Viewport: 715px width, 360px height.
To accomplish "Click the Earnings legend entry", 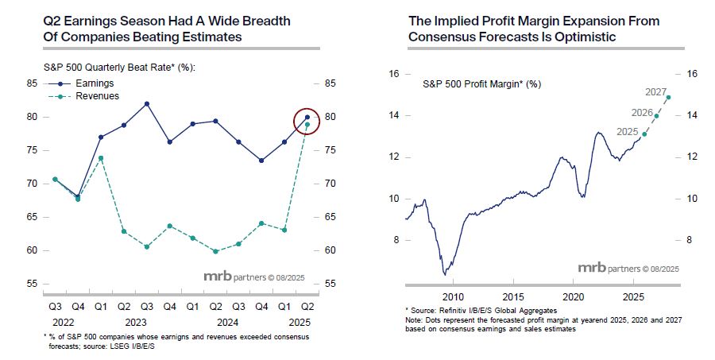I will click(94, 83).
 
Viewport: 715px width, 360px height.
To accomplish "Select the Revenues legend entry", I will click(96, 95).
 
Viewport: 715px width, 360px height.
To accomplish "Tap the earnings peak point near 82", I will click(147, 103).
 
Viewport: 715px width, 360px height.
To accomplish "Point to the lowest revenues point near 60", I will click(216, 251).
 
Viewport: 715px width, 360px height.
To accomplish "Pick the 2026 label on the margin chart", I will click(643, 112).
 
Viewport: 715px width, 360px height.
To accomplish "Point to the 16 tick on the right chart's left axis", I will click(392, 74).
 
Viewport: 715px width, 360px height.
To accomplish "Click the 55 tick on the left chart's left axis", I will click(32, 284).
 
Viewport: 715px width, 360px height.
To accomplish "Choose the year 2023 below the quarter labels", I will click(135, 323).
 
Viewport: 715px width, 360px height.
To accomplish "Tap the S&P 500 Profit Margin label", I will click(482, 83).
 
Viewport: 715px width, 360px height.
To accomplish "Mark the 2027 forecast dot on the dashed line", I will click(668, 98).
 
